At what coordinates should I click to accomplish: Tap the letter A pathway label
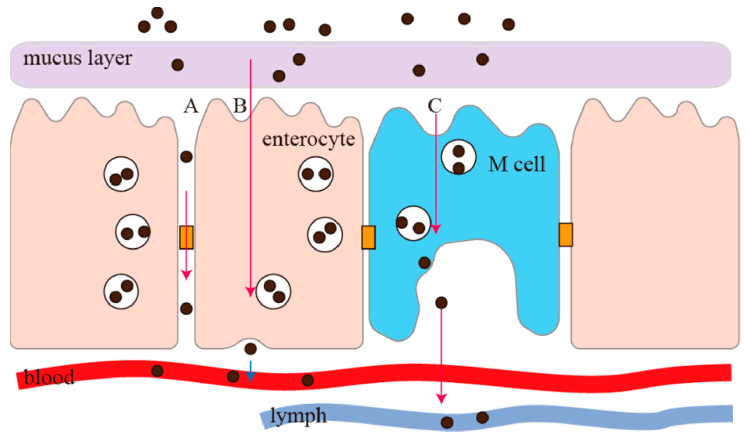click(191, 106)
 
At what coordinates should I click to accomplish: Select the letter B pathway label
click(240, 106)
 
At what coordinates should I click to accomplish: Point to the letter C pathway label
click(435, 105)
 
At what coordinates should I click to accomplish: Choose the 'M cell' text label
click(517, 164)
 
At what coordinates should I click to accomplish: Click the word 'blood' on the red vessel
click(49, 377)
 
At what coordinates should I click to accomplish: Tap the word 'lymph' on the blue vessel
click(298, 416)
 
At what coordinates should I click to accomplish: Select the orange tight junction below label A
click(186, 237)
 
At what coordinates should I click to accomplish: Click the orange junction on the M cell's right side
click(566, 235)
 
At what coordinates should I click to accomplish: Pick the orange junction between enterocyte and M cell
click(368, 237)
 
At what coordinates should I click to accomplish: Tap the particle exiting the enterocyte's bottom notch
click(250, 349)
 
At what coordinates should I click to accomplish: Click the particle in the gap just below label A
click(186, 157)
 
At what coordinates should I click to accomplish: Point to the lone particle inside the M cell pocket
click(441, 303)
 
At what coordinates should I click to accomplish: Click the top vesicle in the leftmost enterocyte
click(121, 174)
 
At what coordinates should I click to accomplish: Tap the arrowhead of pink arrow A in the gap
click(186, 275)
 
